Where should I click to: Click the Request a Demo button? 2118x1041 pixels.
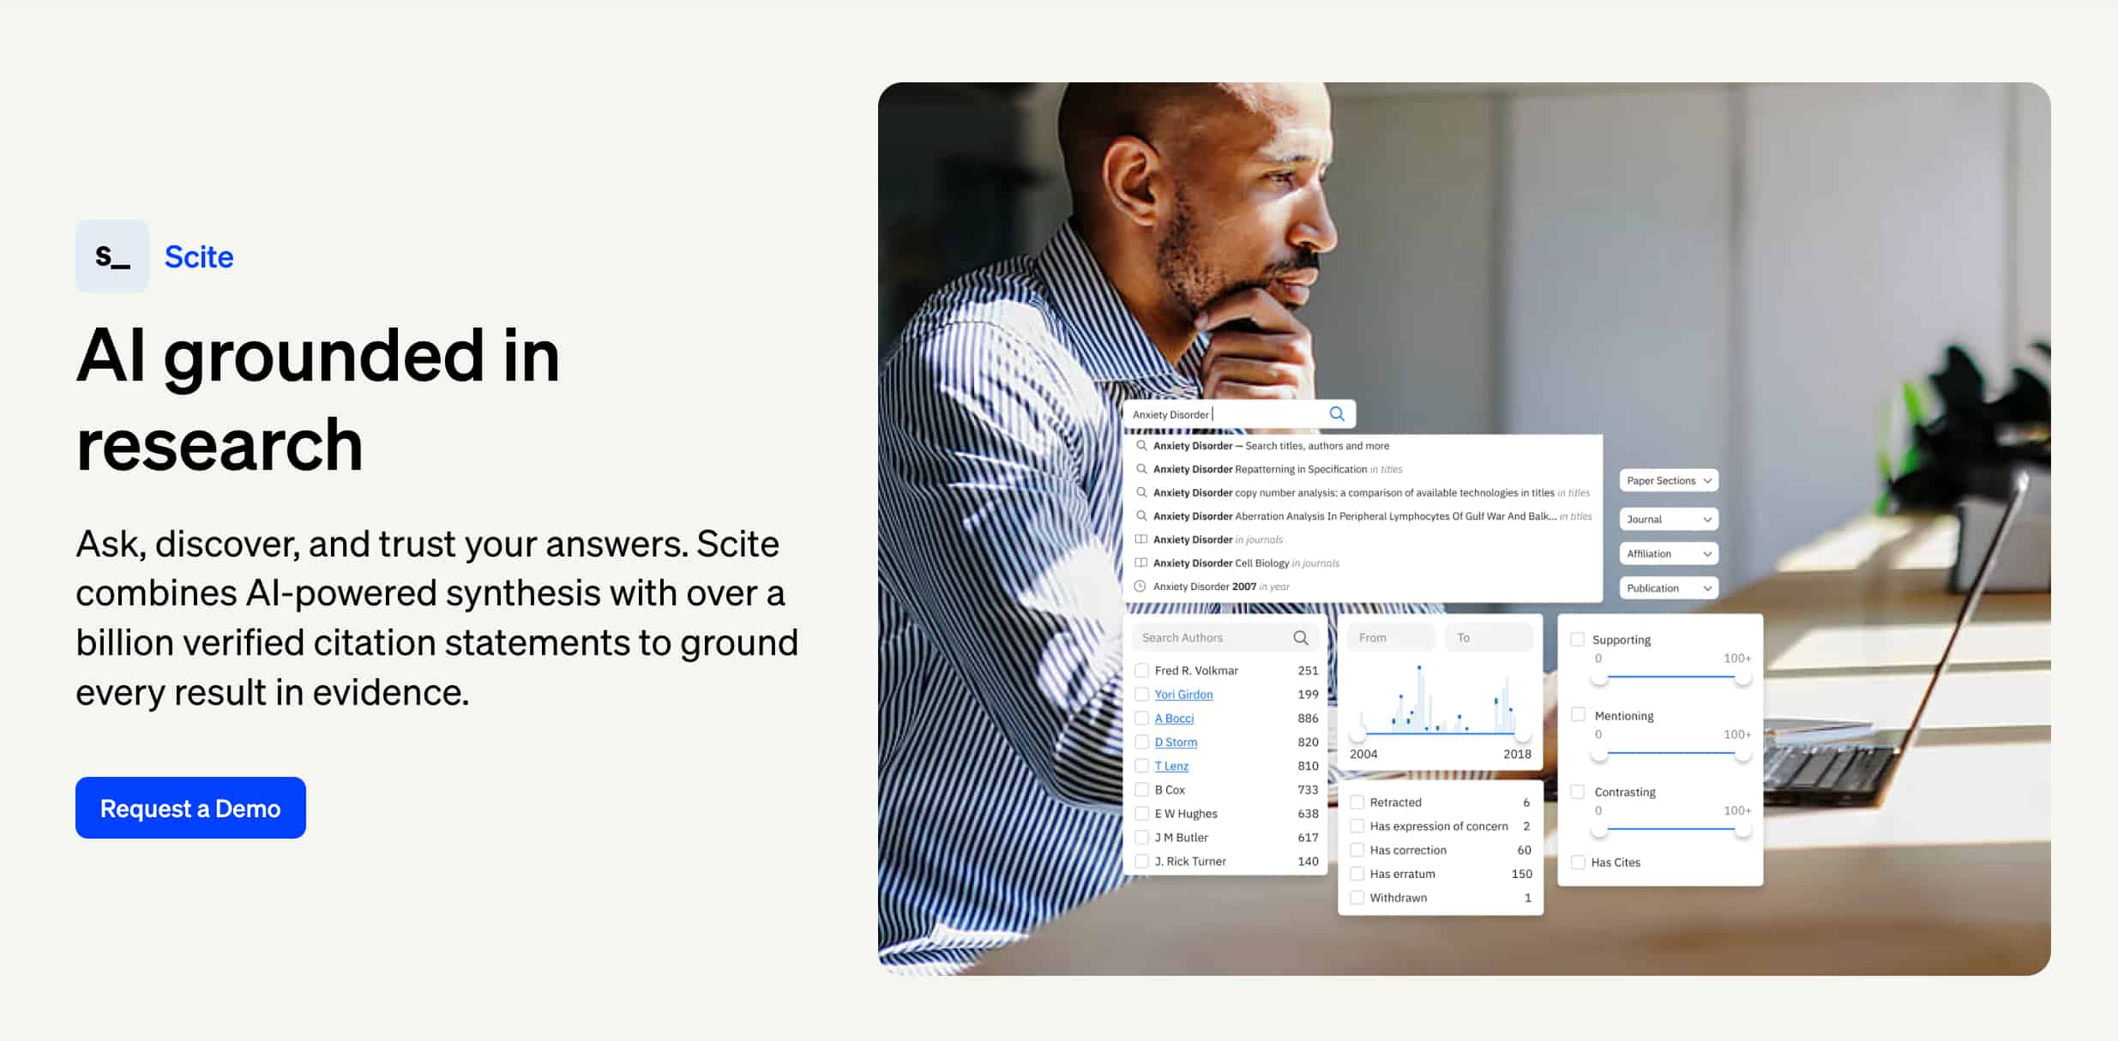[x=190, y=808]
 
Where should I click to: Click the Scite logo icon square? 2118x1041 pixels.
[x=112, y=256]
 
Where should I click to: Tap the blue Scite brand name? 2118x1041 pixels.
[x=199, y=257]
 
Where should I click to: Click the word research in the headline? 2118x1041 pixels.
[x=220, y=444]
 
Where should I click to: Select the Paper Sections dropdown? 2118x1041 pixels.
[x=1669, y=480]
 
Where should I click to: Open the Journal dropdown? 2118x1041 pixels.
[x=1669, y=519]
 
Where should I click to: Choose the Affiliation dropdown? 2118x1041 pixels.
[x=1669, y=554]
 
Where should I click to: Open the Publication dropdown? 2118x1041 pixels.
[x=1669, y=588]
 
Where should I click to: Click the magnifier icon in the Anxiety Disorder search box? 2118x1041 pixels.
[x=1337, y=414]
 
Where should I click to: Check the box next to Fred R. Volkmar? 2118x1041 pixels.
[x=1142, y=671]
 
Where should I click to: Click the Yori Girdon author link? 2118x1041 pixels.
[x=1183, y=695]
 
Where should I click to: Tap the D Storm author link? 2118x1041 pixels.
[x=1176, y=742]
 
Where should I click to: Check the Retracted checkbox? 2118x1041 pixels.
[x=1357, y=803]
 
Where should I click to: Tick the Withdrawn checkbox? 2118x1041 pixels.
[x=1357, y=898]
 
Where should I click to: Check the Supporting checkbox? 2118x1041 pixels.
[x=1578, y=639]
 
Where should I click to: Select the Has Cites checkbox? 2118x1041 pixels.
[x=1578, y=862]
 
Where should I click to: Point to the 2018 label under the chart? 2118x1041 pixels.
[x=1517, y=754]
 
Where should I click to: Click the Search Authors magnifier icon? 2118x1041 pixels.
[x=1301, y=637]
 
